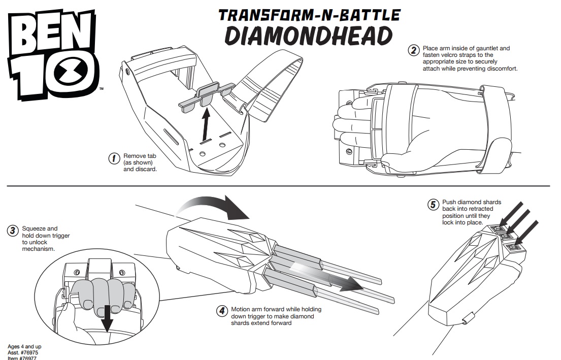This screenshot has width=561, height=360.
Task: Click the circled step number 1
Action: point(115,158)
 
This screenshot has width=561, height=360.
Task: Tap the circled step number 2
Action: point(414,50)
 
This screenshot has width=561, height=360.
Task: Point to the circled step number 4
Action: point(222,311)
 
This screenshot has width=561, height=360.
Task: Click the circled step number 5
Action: point(433,205)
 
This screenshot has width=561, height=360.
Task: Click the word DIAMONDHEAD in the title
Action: point(309,36)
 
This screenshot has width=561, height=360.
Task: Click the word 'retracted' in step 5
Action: point(474,209)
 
